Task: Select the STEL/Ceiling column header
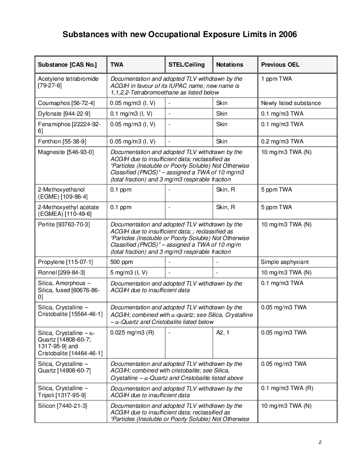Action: click(187, 64)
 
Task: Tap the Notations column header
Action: click(229, 64)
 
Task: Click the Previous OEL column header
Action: click(280, 64)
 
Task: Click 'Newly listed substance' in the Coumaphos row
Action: click(291, 103)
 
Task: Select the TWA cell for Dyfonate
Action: click(132, 113)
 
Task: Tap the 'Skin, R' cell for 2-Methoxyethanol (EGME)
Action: click(225, 189)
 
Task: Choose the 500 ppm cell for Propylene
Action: click(121, 262)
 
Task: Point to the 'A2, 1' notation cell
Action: click(223, 332)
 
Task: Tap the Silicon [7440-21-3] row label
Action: click(63, 406)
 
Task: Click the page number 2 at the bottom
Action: click(320, 442)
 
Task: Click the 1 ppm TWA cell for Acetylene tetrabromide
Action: click(276, 79)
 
